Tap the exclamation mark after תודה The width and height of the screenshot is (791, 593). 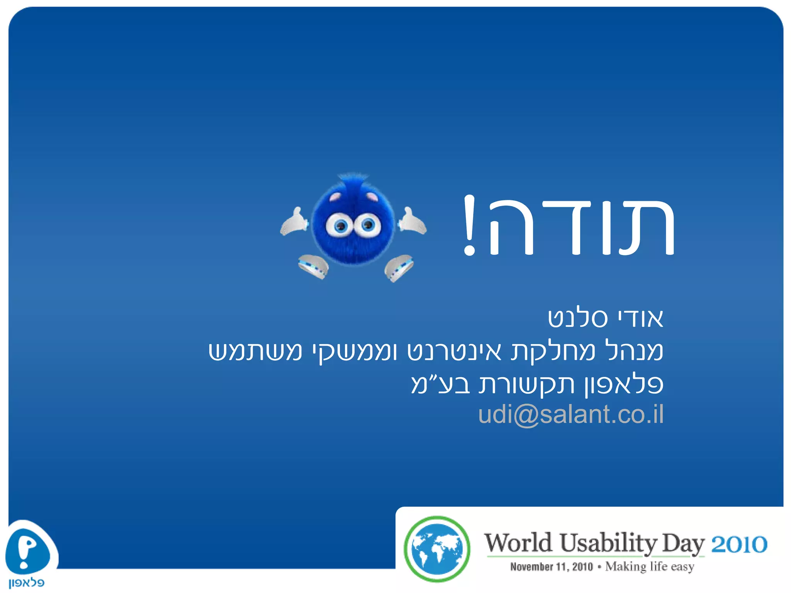[x=469, y=226]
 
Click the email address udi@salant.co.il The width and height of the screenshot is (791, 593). [x=570, y=415]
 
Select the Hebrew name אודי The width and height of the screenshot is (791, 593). [x=641, y=319]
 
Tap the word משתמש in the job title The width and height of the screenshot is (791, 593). [x=255, y=351]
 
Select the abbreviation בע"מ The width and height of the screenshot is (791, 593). [x=440, y=384]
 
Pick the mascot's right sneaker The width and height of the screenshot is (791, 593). [x=399, y=267]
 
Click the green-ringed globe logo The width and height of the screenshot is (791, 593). [x=437, y=549]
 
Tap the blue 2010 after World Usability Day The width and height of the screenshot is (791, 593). [x=739, y=545]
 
